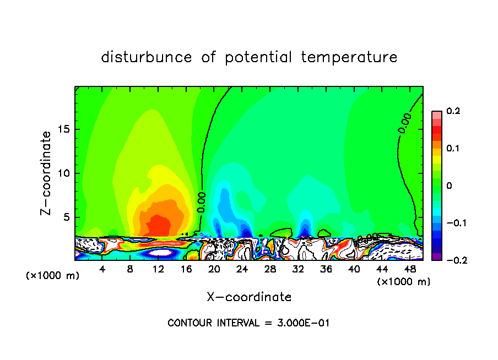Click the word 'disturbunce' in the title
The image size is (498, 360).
147,57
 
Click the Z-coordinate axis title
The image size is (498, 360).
46,173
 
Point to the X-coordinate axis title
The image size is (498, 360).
249,297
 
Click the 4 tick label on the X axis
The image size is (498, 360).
102,269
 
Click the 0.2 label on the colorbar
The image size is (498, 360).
453,111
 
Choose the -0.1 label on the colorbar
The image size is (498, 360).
454,223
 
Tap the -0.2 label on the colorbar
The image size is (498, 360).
454,260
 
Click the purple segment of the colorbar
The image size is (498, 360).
437,257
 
